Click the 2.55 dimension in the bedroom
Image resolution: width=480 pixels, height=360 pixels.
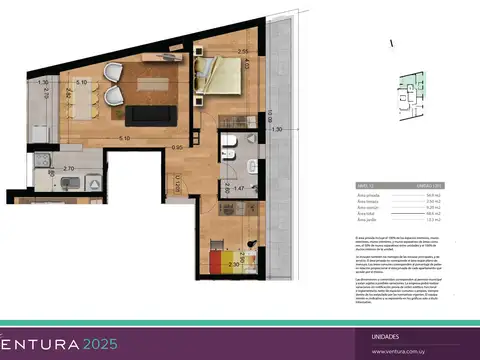242,51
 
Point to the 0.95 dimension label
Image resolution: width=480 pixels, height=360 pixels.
178,148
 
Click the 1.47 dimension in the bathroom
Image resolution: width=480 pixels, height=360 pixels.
239,186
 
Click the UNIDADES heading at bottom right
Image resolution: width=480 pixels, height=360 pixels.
387,337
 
